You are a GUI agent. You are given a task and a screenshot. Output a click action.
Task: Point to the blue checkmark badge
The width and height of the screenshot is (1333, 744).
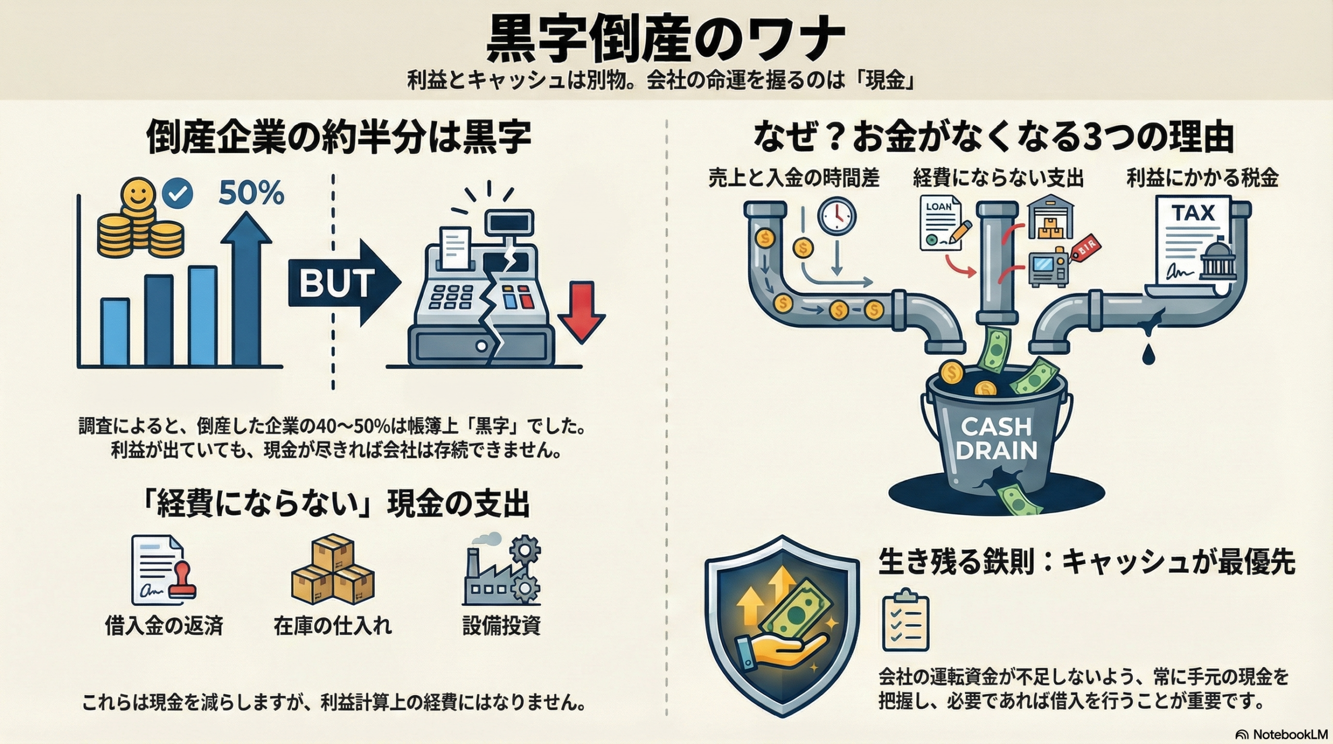pos(178,194)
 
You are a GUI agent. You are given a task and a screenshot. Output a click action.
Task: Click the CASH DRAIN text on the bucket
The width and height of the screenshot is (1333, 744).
pos(996,438)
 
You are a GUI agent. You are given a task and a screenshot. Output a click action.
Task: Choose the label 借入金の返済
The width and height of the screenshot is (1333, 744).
pos(164,625)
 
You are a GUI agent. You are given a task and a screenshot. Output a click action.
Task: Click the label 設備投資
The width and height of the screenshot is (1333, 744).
pos(501,625)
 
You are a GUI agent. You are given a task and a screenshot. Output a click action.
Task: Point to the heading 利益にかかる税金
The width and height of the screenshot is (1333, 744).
pos(1202,178)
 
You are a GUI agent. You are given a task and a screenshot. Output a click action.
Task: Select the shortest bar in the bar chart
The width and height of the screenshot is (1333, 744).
pos(115,332)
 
